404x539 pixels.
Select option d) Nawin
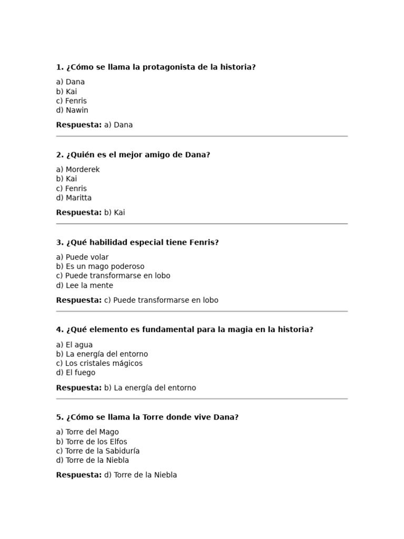[x=72, y=111]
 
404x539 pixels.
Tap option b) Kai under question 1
[x=66, y=92]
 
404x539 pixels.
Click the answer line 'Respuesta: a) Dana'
[x=94, y=125]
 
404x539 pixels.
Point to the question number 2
[x=59, y=155]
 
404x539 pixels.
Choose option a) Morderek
[x=78, y=169]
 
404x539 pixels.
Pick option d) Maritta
[x=74, y=198]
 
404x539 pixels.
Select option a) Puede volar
[x=82, y=257]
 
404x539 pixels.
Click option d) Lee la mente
[x=85, y=285]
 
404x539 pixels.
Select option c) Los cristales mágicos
[x=99, y=363]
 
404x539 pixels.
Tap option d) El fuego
[x=76, y=373]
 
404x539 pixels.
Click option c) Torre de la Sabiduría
[x=98, y=451]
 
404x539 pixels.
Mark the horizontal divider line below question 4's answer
[x=202, y=399]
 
